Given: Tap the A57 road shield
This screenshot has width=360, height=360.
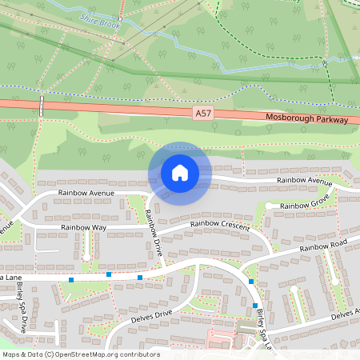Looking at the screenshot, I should (x=203, y=114).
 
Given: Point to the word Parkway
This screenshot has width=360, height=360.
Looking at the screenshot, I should (x=333, y=120).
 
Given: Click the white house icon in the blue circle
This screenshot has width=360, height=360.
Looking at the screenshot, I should (x=179, y=173).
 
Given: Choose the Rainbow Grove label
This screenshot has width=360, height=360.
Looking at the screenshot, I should (x=304, y=206).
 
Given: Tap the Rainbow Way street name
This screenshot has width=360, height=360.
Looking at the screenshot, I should (x=83, y=229).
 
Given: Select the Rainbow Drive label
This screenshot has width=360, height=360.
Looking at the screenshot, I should (x=154, y=232).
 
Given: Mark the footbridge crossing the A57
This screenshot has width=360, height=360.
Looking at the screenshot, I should (x=41, y=105).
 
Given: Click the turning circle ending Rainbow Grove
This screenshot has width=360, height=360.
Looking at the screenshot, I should (x=270, y=206).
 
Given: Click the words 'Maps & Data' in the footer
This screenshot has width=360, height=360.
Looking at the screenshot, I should (x=22, y=354).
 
